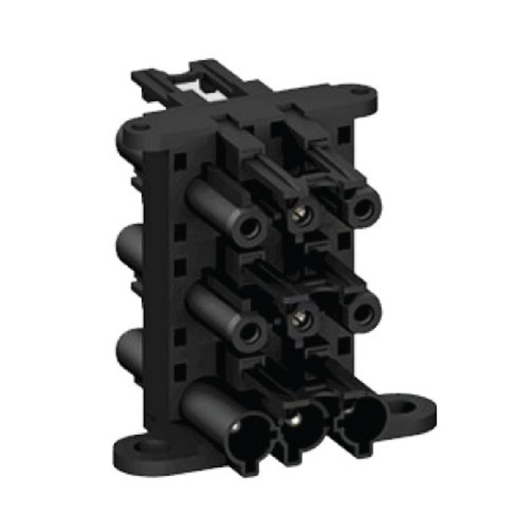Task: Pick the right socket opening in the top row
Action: click(x=362, y=208)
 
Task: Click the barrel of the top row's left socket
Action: click(x=212, y=204)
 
